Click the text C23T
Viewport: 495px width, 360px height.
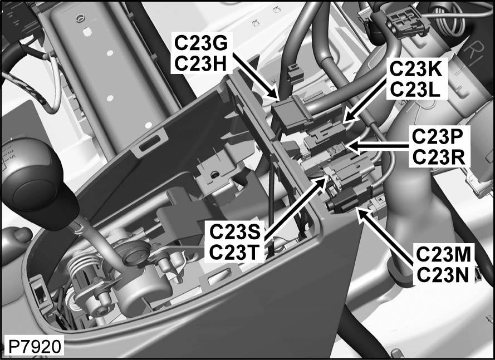pyautogui.click(x=234, y=251)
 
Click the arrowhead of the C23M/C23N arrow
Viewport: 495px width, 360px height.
pyautogui.click(x=359, y=211)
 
